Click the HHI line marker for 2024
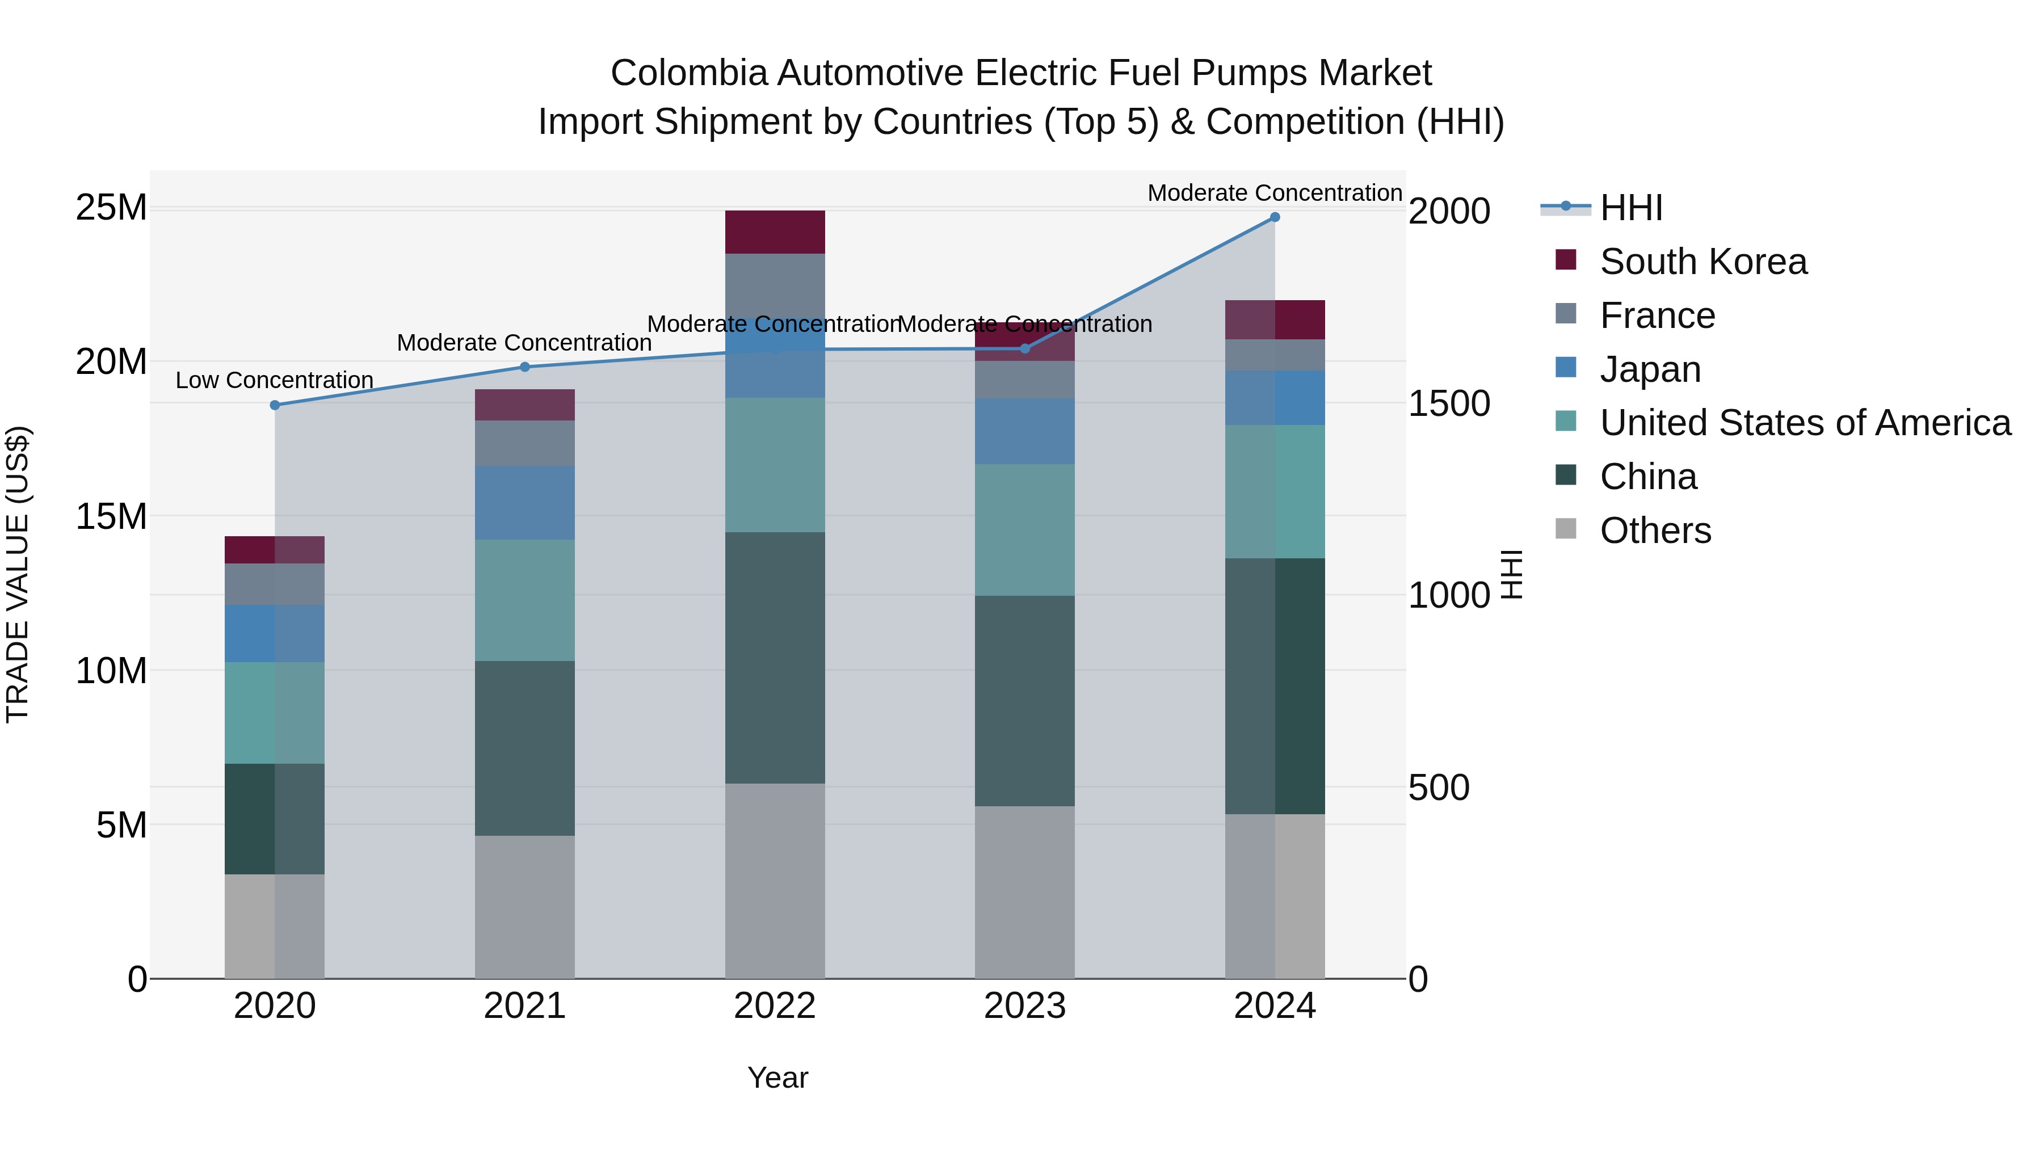coord(1275,217)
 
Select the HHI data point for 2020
coord(275,405)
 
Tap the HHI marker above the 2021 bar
coord(524,367)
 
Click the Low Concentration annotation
coord(275,381)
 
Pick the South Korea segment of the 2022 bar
coord(775,232)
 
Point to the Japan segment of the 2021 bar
coord(524,503)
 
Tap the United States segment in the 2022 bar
coord(775,465)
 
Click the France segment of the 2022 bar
coord(775,285)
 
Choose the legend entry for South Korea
coord(1702,262)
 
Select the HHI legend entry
coord(1630,208)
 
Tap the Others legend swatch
coord(1566,529)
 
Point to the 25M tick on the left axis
coord(111,208)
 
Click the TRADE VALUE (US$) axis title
coord(18,574)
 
